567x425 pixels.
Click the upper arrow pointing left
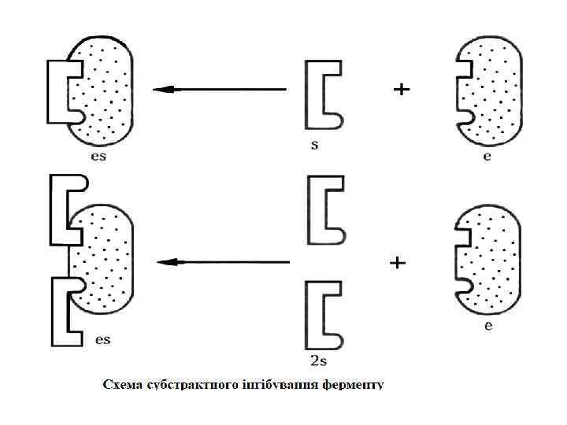(x=220, y=90)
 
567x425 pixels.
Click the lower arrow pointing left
(x=224, y=261)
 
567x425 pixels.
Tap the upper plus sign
(x=402, y=91)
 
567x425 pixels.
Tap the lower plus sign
(x=398, y=263)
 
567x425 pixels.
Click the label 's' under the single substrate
(x=314, y=146)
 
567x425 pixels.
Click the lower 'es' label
(x=102, y=339)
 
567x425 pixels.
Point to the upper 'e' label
(x=487, y=157)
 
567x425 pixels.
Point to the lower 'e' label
(x=488, y=326)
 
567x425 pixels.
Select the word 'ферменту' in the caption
(x=351, y=386)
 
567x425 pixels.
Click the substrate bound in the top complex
(x=59, y=91)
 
